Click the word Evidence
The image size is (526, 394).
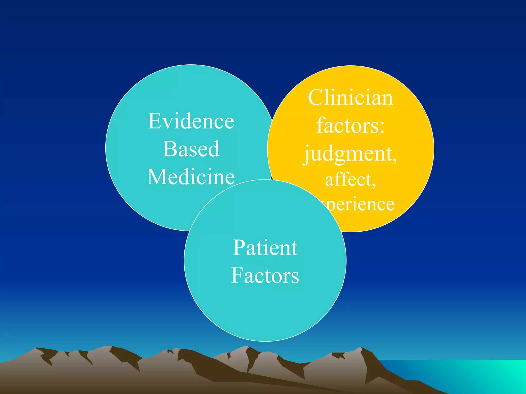191,121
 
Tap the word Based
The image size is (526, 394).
191,149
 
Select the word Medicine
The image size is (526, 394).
191,177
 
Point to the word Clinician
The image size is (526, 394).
351,98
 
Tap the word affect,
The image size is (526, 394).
351,180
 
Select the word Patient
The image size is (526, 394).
265,248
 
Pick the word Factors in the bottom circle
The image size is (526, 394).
265,276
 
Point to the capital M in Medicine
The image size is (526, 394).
157,177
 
